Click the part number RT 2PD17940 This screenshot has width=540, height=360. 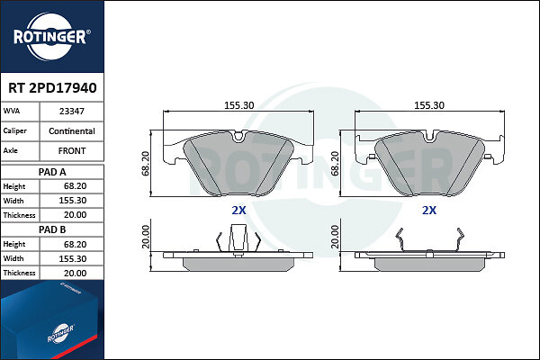(x=52, y=88)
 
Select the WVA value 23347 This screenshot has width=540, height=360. (x=72, y=112)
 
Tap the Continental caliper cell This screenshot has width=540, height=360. (x=72, y=131)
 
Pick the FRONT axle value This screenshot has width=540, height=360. (x=72, y=151)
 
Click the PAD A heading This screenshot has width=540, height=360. (x=52, y=172)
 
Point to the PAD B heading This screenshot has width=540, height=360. (x=52, y=229)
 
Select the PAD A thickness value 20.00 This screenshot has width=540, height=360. (x=75, y=215)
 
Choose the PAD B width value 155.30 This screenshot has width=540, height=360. (x=73, y=258)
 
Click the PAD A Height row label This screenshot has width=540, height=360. (x=14, y=186)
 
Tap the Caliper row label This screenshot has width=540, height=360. (x=14, y=130)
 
